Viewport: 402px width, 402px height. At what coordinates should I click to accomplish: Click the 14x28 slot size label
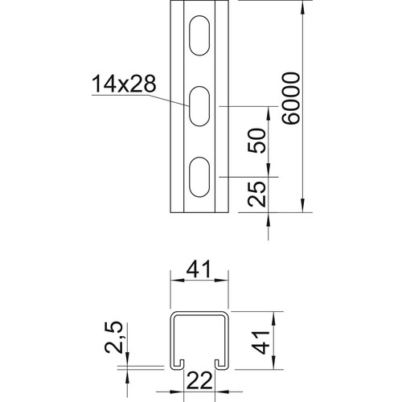pyautogui.click(x=124, y=84)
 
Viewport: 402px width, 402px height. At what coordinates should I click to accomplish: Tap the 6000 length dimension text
pyautogui.click(x=291, y=98)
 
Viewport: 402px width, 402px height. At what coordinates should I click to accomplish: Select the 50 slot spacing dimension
pyautogui.click(x=256, y=141)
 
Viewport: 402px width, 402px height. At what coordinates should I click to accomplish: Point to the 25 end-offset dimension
pyautogui.click(x=256, y=195)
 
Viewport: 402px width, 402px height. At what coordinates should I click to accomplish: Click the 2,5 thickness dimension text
pyautogui.click(x=113, y=338)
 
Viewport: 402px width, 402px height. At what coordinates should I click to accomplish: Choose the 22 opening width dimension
pyautogui.click(x=199, y=380)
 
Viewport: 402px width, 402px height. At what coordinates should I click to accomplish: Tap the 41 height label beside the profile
pyautogui.click(x=260, y=343)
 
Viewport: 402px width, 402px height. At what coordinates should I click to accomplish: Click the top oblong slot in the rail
pyautogui.click(x=199, y=35)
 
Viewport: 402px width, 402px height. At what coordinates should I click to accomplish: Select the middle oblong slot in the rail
pyautogui.click(x=199, y=106)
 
